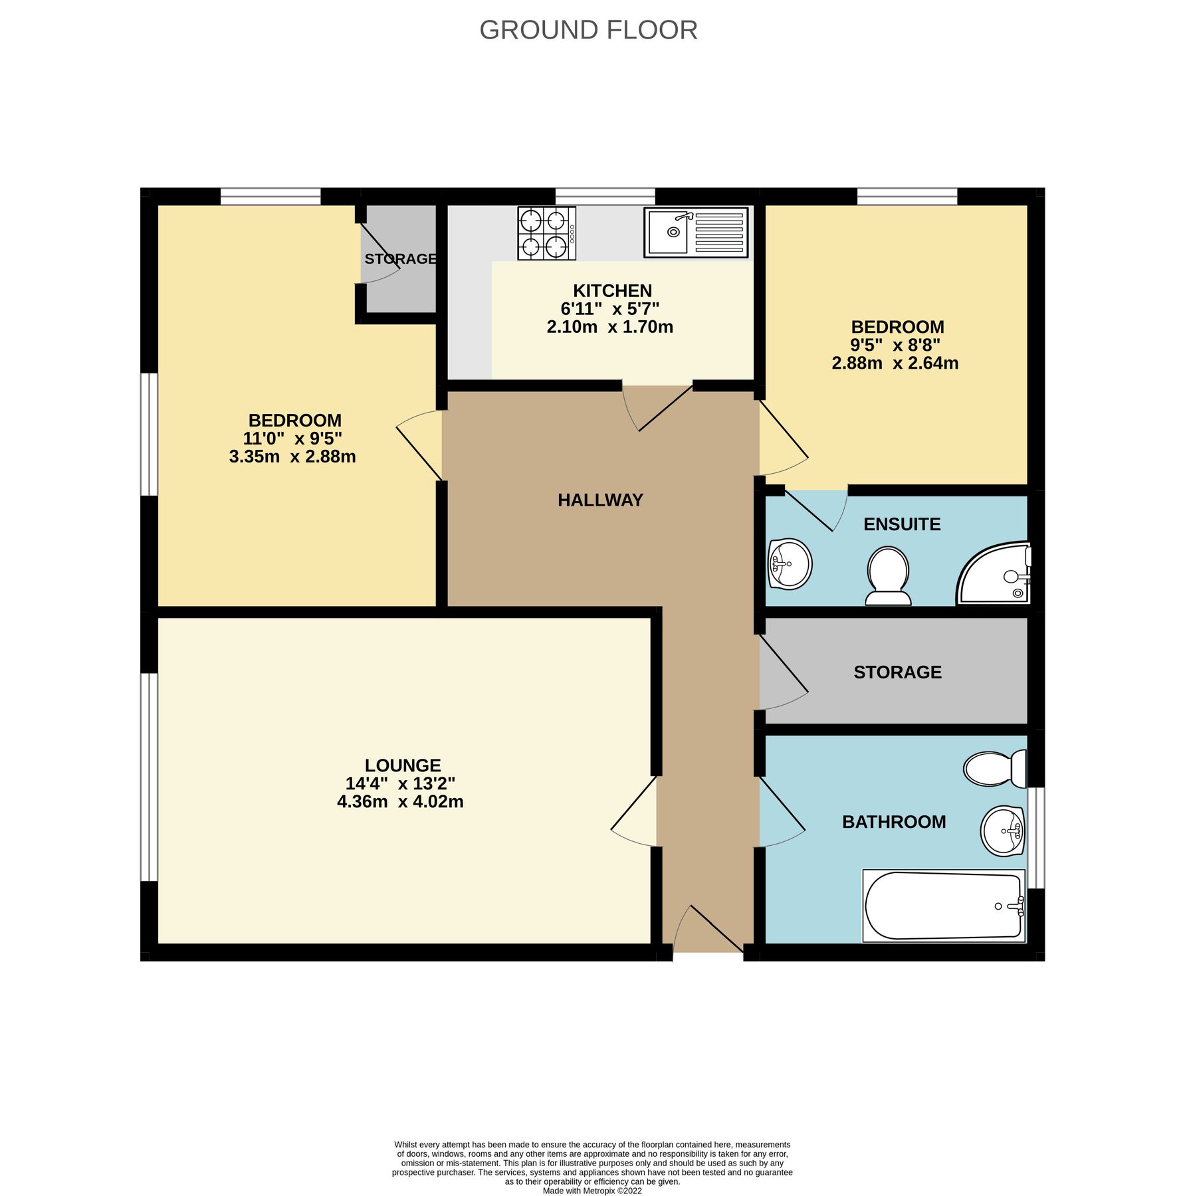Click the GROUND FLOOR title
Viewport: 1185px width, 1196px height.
(588, 31)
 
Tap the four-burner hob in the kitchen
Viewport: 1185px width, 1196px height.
(546, 233)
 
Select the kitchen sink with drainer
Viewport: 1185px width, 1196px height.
(696, 233)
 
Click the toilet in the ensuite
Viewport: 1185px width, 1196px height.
(889, 575)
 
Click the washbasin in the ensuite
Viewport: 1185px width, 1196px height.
(790, 564)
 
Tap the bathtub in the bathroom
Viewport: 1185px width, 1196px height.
(944, 906)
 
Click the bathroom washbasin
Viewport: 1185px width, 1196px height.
(1003, 831)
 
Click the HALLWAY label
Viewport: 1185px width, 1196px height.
(600, 500)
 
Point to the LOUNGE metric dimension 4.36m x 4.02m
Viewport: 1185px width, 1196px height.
(400, 802)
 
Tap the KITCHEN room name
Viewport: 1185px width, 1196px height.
(612, 291)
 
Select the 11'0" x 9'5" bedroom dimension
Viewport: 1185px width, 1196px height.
(292, 439)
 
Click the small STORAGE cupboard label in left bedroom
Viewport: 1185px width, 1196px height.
(400, 258)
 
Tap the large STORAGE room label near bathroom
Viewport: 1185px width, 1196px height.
(897, 672)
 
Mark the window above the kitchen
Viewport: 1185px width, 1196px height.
(605, 196)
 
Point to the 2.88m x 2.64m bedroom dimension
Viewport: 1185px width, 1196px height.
(895, 363)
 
